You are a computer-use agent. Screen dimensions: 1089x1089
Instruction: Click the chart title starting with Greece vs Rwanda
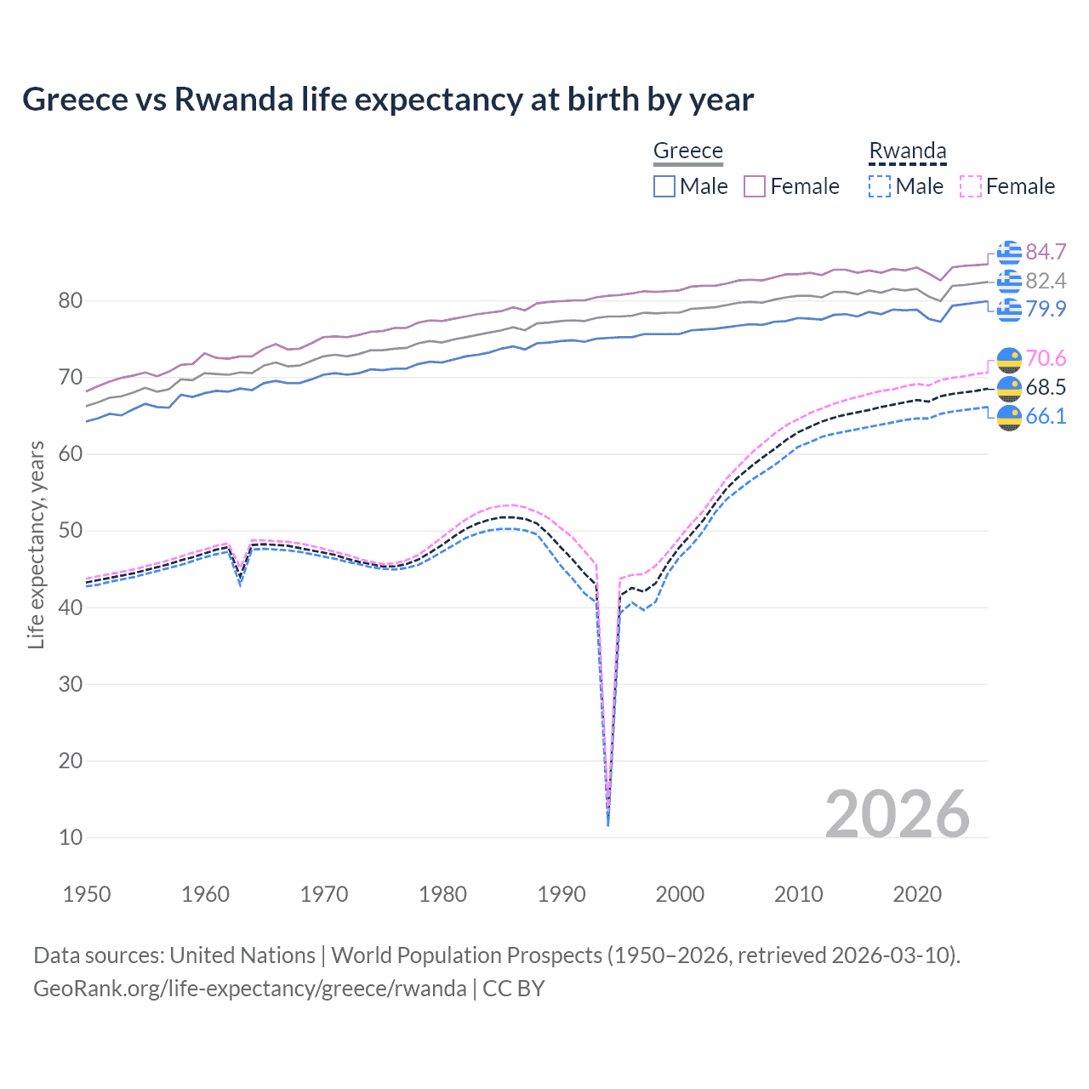point(388,100)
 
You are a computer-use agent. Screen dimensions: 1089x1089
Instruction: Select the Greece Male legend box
point(664,186)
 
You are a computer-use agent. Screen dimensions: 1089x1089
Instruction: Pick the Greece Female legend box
point(755,186)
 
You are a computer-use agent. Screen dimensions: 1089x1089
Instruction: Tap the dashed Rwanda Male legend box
point(880,186)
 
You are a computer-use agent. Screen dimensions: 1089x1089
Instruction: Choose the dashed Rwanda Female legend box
point(971,186)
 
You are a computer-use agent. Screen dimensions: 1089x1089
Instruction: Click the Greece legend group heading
point(687,151)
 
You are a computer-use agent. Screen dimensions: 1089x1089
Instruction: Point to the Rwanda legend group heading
point(907,151)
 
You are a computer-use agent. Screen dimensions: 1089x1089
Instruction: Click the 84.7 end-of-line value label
point(1046,253)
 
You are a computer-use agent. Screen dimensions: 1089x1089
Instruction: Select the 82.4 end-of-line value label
point(1046,281)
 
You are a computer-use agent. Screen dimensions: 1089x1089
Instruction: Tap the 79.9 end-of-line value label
point(1046,309)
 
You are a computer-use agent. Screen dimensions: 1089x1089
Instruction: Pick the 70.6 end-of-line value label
point(1046,359)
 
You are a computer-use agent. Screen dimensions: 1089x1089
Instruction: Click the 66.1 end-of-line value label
point(1046,416)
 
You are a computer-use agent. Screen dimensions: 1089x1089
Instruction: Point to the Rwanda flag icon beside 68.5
point(1009,388)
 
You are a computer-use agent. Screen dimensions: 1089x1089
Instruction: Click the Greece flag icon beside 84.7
point(1009,253)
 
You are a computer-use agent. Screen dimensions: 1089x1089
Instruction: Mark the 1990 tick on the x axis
point(562,894)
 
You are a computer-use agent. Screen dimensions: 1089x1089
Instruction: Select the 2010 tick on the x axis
point(798,894)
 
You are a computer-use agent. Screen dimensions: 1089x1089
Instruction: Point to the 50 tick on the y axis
point(71,531)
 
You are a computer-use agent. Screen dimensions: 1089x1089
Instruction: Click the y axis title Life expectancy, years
point(36,544)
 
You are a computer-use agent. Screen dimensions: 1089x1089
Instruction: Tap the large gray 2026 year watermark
point(897,814)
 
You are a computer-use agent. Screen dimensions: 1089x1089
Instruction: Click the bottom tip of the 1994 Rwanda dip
point(607,825)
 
